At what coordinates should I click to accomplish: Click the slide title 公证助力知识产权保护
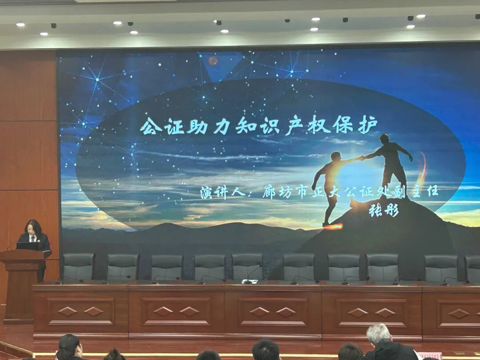259,126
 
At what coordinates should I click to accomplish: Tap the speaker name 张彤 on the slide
384,210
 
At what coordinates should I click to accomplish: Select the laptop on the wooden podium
28,246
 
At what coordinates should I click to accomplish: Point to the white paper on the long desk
250,281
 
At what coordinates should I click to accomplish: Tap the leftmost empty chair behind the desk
78,267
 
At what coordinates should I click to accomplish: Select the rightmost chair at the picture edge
472,268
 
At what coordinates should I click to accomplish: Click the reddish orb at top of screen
213,60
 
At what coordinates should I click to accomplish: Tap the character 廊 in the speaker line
269,192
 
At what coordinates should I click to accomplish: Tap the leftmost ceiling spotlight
20,24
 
